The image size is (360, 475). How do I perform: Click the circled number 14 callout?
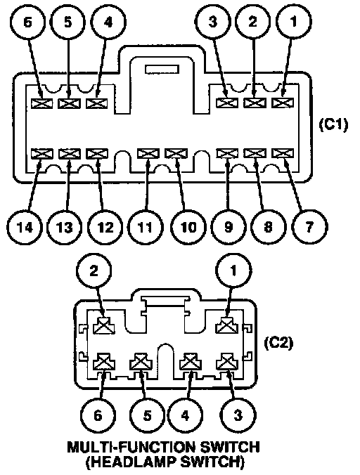click(x=25, y=227)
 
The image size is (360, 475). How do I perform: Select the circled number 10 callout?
click(x=188, y=227)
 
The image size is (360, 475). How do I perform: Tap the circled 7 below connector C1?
click(x=309, y=227)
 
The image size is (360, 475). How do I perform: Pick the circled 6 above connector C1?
click(x=27, y=22)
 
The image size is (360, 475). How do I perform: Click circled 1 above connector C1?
click(x=293, y=22)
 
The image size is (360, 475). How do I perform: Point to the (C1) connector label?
click(x=334, y=124)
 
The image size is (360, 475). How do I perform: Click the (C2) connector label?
click(x=278, y=343)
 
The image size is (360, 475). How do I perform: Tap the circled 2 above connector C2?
click(x=94, y=271)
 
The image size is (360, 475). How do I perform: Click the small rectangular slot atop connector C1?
click(x=162, y=69)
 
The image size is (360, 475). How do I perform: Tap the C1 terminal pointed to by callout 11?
click(x=148, y=154)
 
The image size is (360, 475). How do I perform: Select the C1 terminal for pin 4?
click(x=97, y=103)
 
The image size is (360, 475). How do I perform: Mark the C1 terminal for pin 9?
click(x=227, y=154)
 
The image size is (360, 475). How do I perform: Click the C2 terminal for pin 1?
click(x=227, y=325)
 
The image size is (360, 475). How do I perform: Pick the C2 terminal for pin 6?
click(x=104, y=361)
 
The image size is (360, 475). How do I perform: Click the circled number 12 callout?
click(x=105, y=227)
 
